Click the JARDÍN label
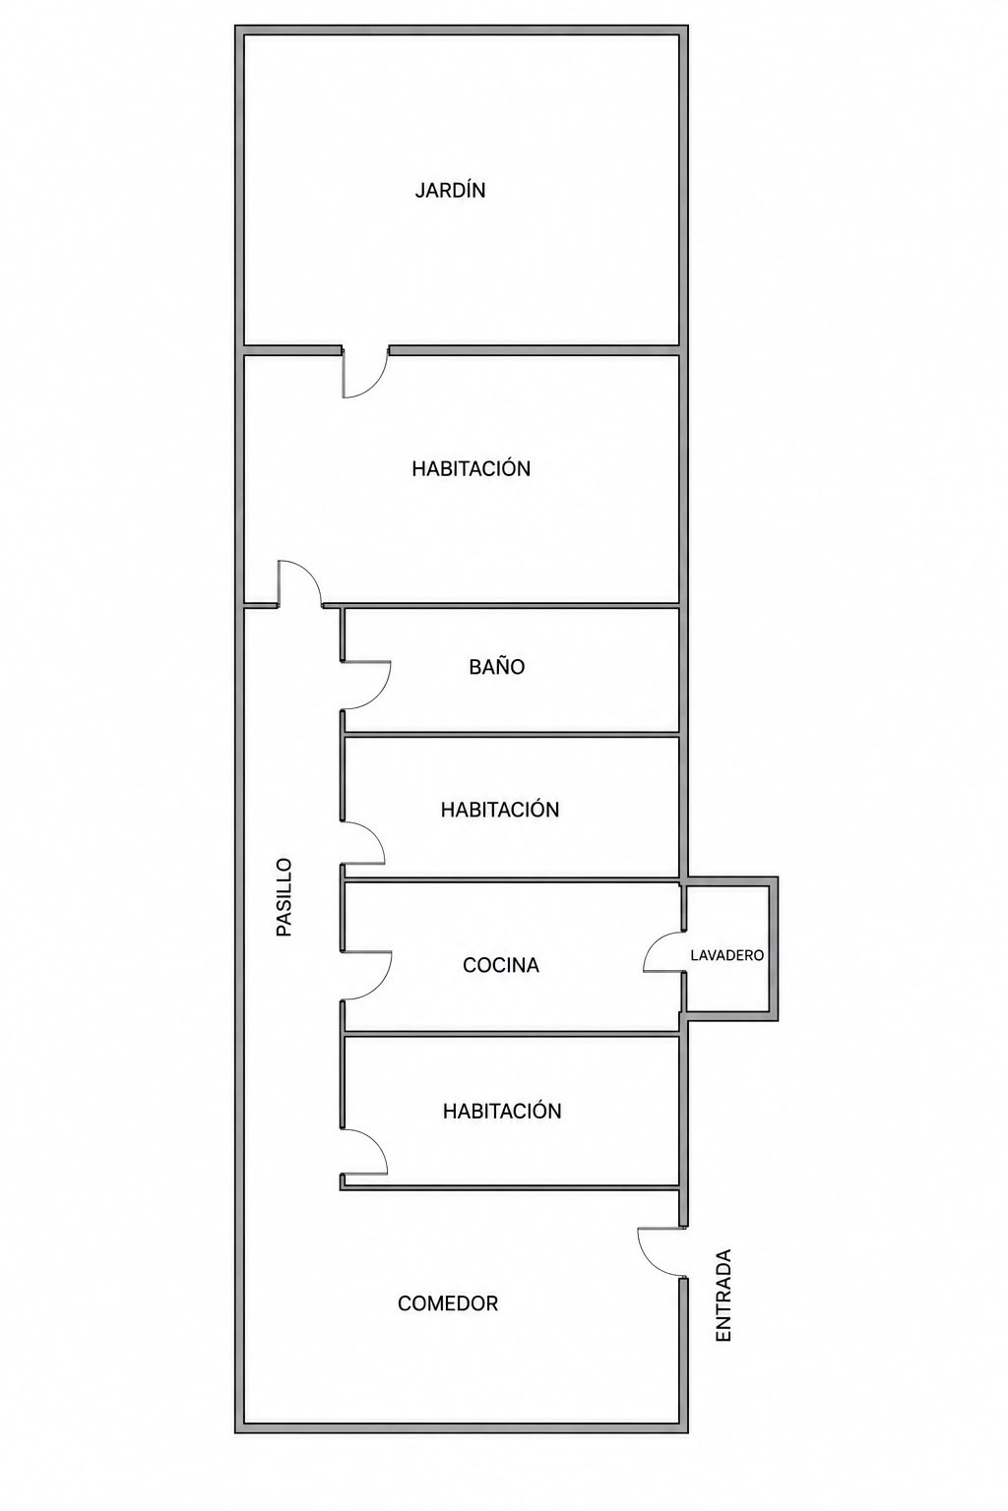point(450,190)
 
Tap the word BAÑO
point(497,666)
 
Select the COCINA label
point(501,965)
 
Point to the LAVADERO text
point(727,955)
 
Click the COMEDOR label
point(448,1303)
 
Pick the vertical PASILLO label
point(284,897)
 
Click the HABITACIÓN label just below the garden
point(472,469)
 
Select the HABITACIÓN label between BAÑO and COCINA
point(500,810)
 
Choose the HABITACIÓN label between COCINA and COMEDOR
point(502,1111)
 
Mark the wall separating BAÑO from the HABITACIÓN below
point(511,734)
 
